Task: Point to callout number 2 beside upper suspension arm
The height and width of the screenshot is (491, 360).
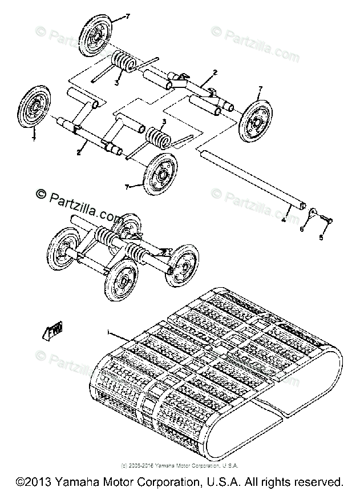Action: [215, 72]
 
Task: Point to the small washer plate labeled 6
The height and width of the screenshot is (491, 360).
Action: [313, 212]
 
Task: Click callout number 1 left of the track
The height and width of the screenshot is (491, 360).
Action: [108, 332]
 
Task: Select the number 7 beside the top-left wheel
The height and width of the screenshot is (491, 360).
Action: [127, 17]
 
